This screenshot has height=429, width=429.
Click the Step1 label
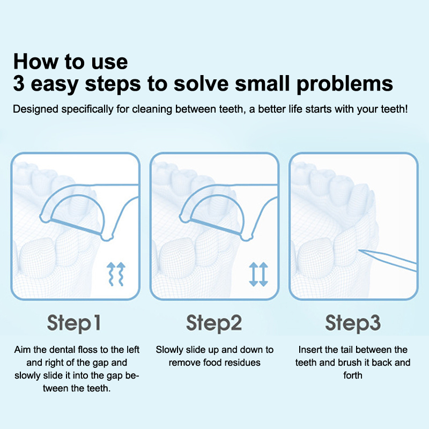(74, 323)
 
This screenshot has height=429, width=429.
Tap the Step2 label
(214, 323)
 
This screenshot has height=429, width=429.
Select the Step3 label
(353, 323)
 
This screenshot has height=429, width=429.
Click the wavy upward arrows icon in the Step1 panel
(116, 274)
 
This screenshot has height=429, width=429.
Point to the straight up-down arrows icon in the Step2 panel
(258, 274)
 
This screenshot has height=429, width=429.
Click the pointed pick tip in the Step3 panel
(359, 250)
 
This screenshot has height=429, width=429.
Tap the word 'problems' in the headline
(345, 84)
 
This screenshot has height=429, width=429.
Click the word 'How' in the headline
(35, 62)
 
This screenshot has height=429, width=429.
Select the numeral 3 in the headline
(19, 84)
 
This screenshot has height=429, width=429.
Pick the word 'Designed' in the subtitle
(35, 109)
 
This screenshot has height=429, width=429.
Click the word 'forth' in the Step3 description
(353, 375)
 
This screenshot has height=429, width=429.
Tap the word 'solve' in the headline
(201, 84)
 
